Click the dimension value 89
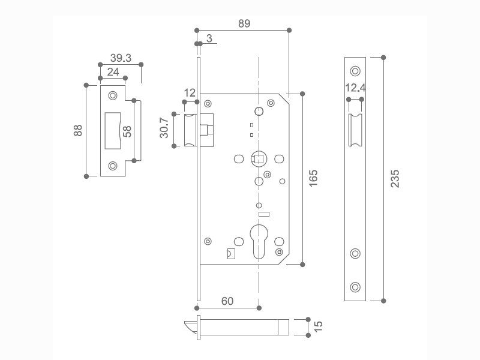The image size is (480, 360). tap(244, 23)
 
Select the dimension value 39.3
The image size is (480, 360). tap(121, 58)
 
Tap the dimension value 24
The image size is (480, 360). tap(113, 72)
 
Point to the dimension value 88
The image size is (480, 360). tap(78, 131)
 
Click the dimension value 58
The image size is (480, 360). tap(127, 131)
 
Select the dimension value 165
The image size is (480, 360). tap(313, 178)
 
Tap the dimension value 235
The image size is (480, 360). tap(394, 178)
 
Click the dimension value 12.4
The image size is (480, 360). tap(355, 88)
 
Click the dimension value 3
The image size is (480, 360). tap(209, 38)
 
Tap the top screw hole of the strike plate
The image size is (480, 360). tap(112, 96)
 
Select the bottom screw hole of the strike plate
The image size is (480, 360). tap(112, 166)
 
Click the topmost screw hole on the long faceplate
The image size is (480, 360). tap(355, 71)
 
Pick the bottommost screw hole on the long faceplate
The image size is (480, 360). tap(355, 287)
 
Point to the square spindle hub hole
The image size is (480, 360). tap(258, 159)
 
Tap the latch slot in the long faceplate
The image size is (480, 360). tap(355, 130)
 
